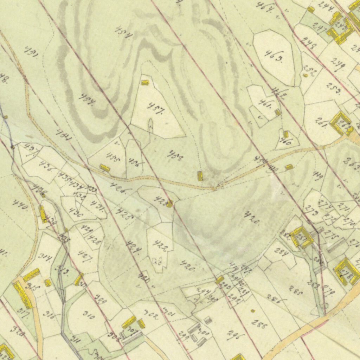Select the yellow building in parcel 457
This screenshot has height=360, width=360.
[x=144, y=83]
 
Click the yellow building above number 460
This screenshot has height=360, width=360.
[x=286, y=134]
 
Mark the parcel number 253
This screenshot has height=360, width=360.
[x=333, y=88]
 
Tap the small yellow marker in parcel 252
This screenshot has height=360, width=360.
[x=305, y=75]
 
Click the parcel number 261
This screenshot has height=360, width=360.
[x=322, y=124]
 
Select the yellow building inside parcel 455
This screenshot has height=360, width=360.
[x=104, y=168]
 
